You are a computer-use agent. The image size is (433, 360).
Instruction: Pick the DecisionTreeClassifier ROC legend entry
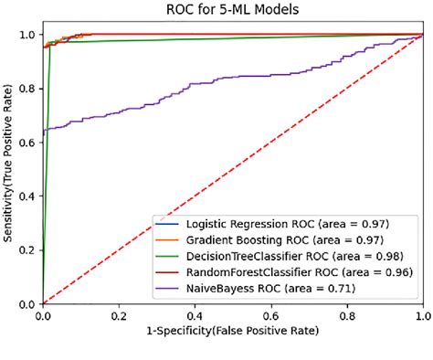coord(280,256)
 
